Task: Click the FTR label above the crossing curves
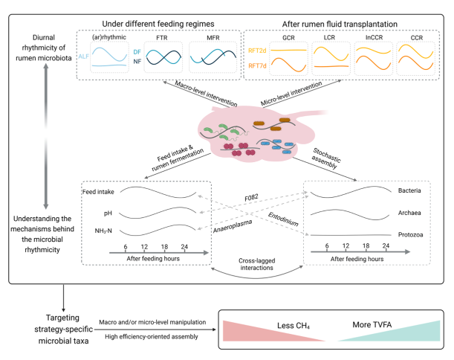point(161,38)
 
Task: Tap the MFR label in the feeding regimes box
point(213,38)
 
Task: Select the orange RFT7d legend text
point(257,65)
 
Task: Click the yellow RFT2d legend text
point(257,51)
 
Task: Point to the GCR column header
point(288,38)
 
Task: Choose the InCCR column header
point(374,37)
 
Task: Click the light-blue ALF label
point(83,57)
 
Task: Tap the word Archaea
point(409,213)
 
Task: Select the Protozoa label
point(410,234)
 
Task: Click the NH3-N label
point(103,231)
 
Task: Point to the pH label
point(108,213)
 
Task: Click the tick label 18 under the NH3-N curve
point(164,247)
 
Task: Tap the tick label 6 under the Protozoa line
point(327,245)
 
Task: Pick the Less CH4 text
point(294,326)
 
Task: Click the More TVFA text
point(372,324)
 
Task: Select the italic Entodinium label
point(283,219)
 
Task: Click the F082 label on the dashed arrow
point(251,197)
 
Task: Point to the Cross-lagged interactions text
point(257,264)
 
